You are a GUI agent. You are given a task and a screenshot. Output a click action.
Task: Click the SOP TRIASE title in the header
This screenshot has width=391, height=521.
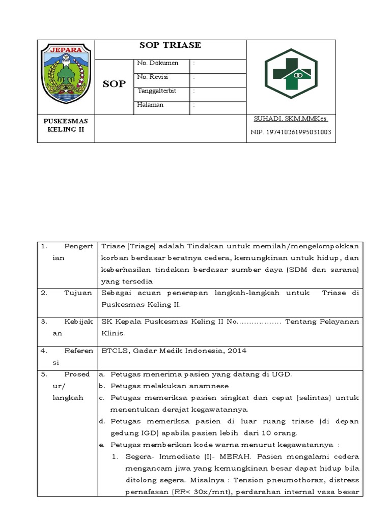170,45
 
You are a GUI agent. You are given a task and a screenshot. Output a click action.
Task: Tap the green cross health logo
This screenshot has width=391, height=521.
291,74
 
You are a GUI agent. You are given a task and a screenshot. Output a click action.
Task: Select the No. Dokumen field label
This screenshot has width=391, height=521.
158,63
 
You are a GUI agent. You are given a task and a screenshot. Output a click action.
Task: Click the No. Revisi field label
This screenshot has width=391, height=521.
153,77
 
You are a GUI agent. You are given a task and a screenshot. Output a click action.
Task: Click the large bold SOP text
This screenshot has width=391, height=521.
114,84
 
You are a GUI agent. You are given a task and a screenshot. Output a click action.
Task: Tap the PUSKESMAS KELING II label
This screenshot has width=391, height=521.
66,125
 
